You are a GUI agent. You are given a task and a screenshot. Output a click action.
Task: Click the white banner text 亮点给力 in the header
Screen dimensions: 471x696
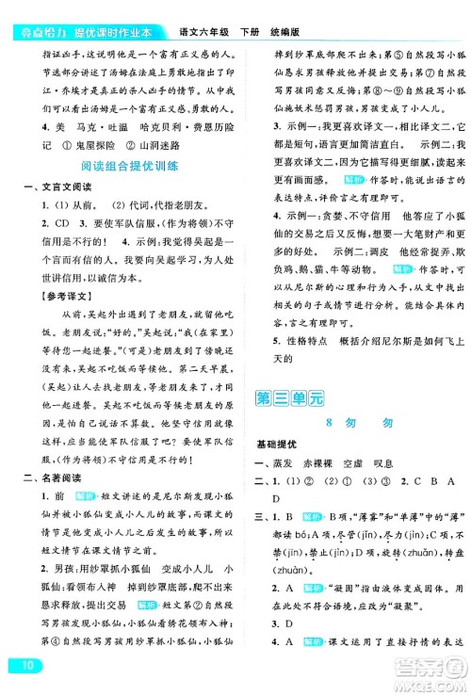pos(27,10)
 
